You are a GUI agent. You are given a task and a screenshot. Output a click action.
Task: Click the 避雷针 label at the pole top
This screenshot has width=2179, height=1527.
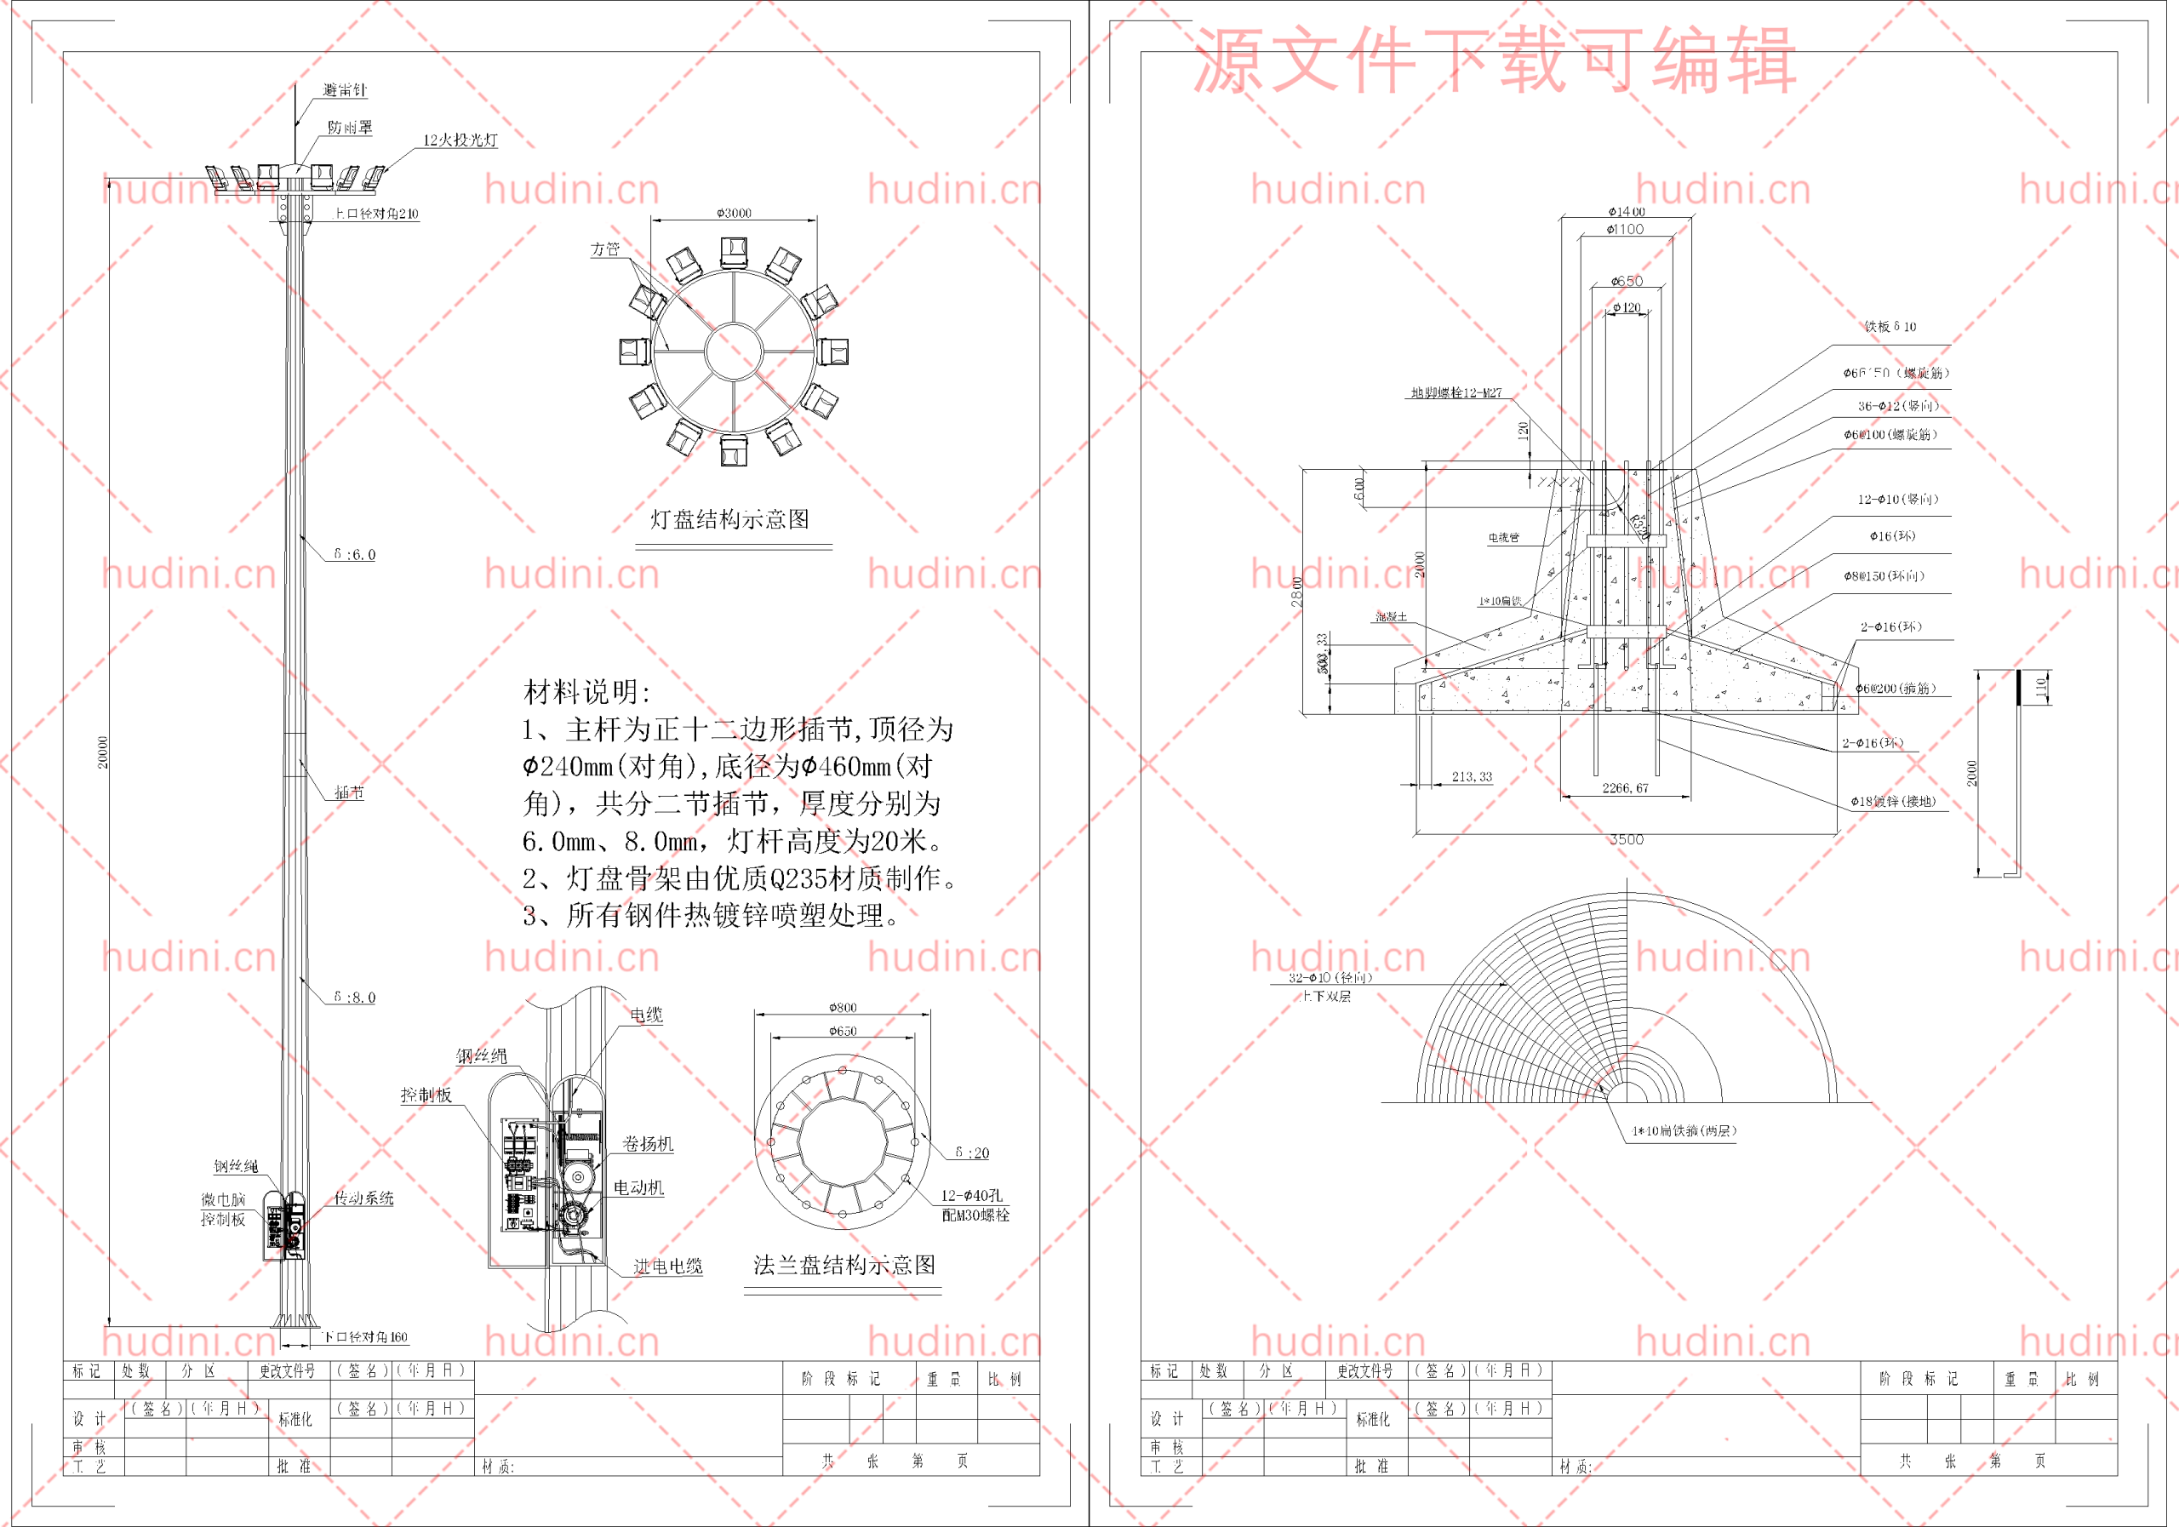[x=345, y=90]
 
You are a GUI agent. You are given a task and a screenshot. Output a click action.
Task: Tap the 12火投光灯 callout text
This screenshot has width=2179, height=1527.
[x=460, y=140]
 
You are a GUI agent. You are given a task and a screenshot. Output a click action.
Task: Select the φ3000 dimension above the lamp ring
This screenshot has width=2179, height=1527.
[x=734, y=213]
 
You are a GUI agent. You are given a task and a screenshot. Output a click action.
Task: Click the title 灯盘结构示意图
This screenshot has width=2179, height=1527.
[x=729, y=519]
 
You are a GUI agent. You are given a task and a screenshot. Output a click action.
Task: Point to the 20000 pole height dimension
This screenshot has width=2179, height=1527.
[x=102, y=752]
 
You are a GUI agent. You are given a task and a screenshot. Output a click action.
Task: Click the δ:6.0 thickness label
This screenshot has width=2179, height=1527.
[x=355, y=554]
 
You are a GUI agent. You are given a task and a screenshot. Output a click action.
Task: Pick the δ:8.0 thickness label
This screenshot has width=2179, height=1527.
[x=355, y=998]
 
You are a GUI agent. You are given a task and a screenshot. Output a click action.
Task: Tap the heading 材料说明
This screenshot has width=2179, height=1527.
[x=586, y=692]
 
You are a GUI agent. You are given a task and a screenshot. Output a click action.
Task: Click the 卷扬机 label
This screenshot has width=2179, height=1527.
[x=649, y=1144]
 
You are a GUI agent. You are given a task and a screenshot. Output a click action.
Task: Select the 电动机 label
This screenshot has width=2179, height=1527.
[x=638, y=1187]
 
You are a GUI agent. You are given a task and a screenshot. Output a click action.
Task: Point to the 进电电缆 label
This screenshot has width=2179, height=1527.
[x=668, y=1266]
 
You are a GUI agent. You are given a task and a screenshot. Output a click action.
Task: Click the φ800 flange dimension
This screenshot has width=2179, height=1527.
[x=843, y=1007]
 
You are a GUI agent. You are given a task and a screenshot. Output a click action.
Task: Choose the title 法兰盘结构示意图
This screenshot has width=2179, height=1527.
[x=844, y=1264]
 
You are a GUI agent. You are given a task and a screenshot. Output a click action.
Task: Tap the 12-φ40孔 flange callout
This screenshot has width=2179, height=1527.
[x=972, y=1196]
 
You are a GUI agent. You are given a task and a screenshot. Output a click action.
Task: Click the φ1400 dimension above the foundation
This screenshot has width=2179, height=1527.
[x=1627, y=212]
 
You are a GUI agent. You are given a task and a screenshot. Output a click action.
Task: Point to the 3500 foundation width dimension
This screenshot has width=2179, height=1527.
[x=1627, y=840]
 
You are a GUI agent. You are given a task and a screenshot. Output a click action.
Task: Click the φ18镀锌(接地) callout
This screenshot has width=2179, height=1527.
[x=1892, y=801]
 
